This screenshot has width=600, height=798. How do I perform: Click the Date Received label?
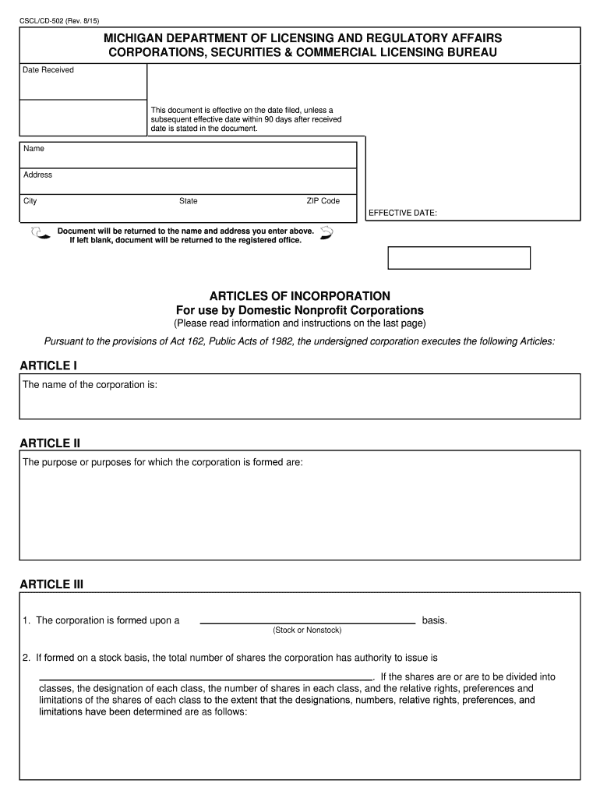pos(48,70)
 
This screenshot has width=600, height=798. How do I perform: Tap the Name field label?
pos(34,149)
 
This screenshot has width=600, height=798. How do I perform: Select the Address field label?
pos(37,175)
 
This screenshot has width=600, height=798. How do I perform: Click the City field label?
pos(30,201)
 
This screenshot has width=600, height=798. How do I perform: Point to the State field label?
pos(188,201)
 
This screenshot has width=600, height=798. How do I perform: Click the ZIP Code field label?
pos(323,201)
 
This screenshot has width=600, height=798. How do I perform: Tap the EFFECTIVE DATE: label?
pos(402,213)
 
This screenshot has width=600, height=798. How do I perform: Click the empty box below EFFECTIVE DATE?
pos(458,258)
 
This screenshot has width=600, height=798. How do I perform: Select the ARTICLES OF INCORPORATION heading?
pos(299,296)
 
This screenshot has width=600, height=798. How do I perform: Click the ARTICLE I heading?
pos(48,365)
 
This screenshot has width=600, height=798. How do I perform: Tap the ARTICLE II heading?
pos(50,443)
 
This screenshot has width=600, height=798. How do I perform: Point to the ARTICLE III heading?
pos(51,584)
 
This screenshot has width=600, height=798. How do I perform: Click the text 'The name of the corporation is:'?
pos(90,385)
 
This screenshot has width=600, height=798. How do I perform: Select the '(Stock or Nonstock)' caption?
pos(307,630)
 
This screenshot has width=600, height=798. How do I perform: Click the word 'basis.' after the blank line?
pos(434,620)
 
